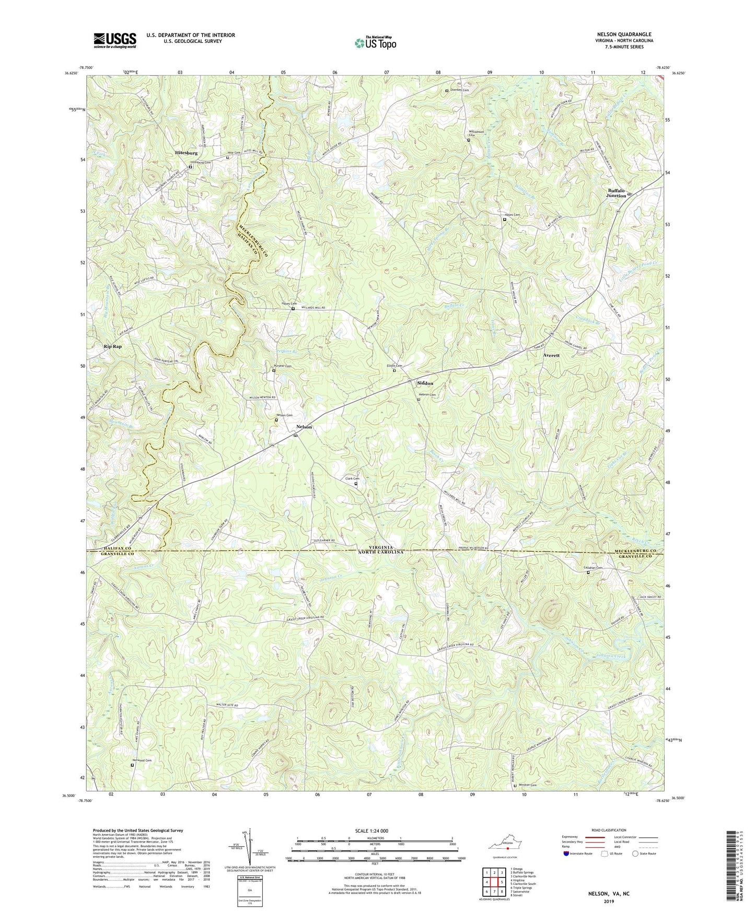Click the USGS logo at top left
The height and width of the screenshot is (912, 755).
(115, 40)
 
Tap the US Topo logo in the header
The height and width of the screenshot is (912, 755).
(375, 43)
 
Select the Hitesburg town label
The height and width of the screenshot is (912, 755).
(186, 153)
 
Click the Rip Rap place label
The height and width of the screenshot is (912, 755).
(112, 346)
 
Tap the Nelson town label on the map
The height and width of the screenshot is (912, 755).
(304, 427)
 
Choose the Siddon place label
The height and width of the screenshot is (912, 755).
(425, 383)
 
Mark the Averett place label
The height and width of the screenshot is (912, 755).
(551, 355)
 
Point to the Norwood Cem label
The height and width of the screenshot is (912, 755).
(142, 761)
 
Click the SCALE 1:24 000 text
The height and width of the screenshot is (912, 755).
(371, 831)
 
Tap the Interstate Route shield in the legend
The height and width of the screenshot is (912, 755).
(567, 853)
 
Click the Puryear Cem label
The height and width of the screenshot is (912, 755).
(283, 366)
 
